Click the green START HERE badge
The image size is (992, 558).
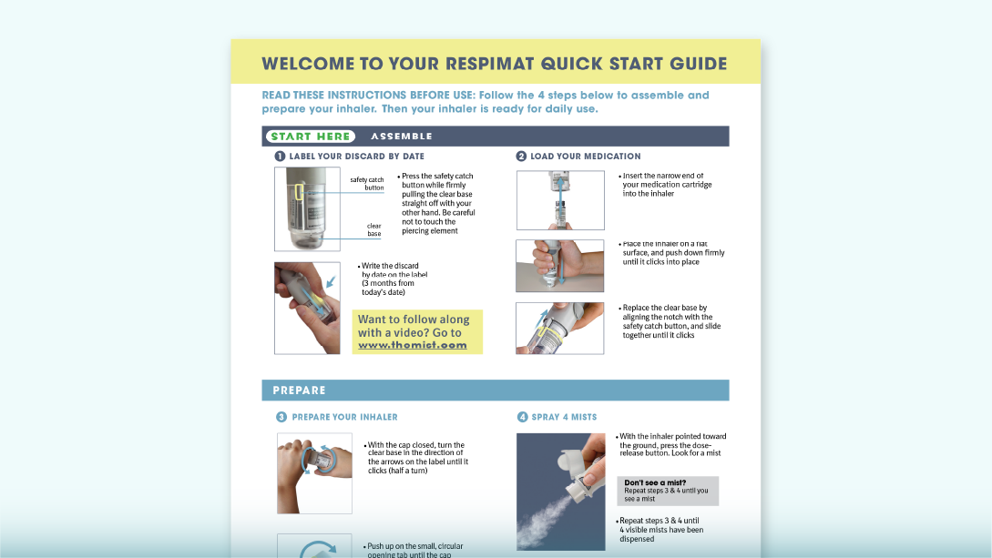[x=310, y=137]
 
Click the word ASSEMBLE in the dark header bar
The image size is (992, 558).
[x=402, y=137]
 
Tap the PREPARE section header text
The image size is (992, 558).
[x=299, y=391]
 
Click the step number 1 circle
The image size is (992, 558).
[x=280, y=157]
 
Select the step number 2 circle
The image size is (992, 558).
[x=521, y=157]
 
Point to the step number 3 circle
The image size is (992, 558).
[x=281, y=417]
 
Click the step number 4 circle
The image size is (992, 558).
[x=522, y=417]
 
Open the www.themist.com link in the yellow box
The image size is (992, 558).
[x=412, y=345]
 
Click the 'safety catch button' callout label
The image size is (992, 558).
[x=367, y=184]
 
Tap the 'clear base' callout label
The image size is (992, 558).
[x=374, y=229]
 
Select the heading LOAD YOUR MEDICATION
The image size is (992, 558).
[x=585, y=157]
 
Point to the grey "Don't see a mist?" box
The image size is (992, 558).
[x=667, y=491]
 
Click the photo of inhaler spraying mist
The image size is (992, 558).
[x=560, y=491]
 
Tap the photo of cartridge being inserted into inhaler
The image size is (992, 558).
[x=560, y=200]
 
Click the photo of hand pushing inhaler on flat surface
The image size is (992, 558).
[x=560, y=266]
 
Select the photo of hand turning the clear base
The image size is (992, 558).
[x=314, y=472]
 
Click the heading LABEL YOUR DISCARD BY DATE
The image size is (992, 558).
[x=356, y=157]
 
